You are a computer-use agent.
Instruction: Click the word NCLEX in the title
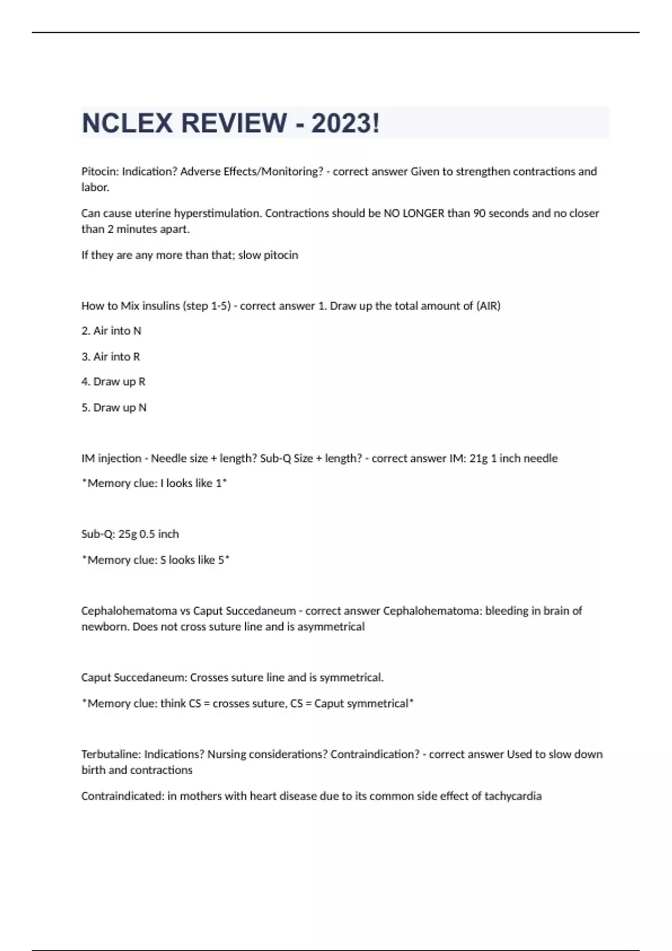click(x=128, y=123)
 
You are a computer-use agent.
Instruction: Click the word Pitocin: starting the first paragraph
click(x=100, y=172)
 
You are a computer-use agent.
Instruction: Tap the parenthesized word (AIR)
click(x=488, y=306)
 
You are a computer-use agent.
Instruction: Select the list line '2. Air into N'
click(x=111, y=331)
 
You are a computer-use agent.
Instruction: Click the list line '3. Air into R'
click(x=111, y=357)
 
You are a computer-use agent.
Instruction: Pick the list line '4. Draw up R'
click(x=113, y=382)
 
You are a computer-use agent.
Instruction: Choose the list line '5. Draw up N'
click(x=114, y=408)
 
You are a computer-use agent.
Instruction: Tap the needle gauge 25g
click(x=127, y=534)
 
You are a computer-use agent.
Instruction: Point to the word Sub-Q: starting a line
click(x=98, y=534)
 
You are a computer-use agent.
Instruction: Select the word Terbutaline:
click(x=111, y=755)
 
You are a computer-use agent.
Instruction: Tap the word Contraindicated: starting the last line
click(x=122, y=796)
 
